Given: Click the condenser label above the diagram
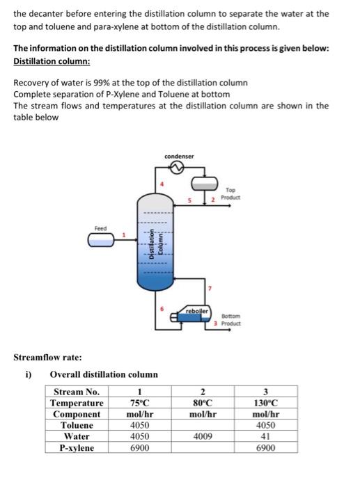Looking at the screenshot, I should [x=180, y=156].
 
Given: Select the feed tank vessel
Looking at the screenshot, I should [x=102, y=241].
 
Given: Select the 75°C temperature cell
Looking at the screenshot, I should [x=140, y=403].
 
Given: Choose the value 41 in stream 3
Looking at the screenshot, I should [x=265, y=436].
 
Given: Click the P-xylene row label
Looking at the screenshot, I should [x=77, y=448].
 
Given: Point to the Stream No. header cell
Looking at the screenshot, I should [x=77, y=392].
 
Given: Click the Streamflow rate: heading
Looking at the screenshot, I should [x=47, y=358].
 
